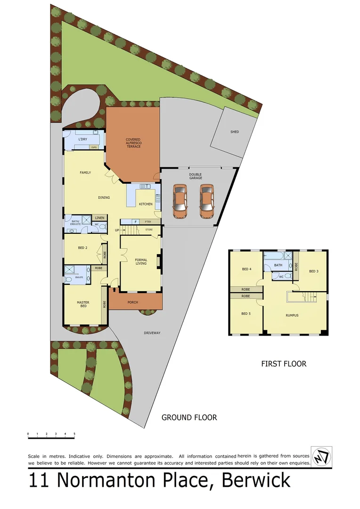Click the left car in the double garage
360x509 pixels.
[180, 201]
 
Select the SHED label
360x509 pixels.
[234, 132]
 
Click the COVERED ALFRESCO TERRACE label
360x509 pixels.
[133, 143]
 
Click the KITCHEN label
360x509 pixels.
[145, 204]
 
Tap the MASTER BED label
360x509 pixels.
[83, 304]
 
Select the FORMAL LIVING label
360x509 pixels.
[141, 262]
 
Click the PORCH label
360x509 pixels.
[133, 302]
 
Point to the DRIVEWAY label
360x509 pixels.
[152, 333]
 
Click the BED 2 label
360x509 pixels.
[82, 247]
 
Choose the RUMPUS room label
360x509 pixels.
[292, 315]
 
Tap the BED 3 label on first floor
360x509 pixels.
[314, 271]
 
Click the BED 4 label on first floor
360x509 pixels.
[245, 269]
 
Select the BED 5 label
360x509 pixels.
[245, 313]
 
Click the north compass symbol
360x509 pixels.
[322, 457]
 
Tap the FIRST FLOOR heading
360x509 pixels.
[284, 364]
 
